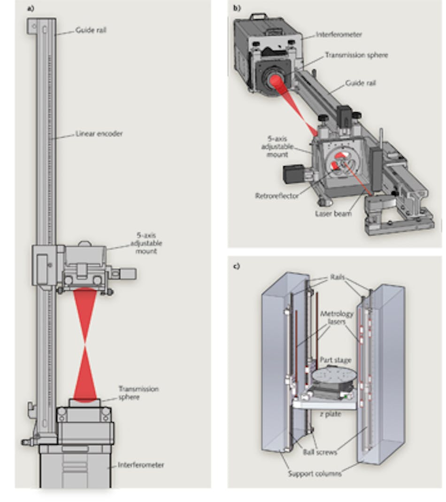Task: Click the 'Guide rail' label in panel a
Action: pyautogui.click(x=91, y=30)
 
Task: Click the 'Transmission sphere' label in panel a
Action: pyautogui.click(x=138, y=392)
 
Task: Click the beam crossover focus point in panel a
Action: pyautogui.click(x=85, y=342)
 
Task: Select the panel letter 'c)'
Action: pyautogui.click(x=237, y=266)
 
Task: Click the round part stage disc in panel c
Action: pyautogui.click(x=336, y=377)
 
